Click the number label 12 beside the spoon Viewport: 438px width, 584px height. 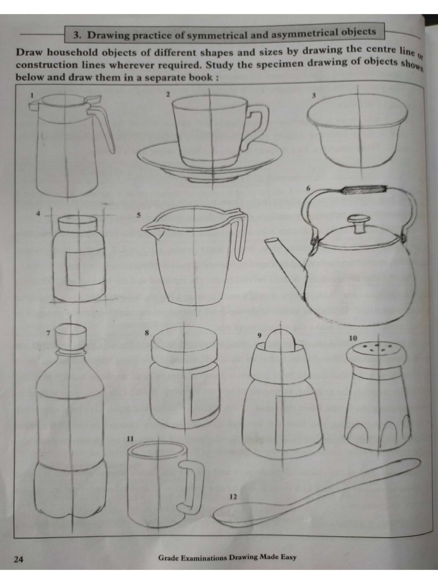pyautogui.click(x=233, y=497)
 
